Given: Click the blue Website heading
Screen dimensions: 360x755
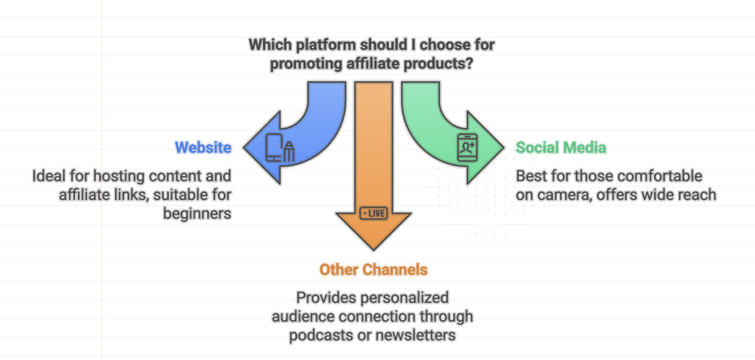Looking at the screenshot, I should click(x=203, y=147).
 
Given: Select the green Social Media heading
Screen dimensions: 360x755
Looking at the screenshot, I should click(x=560, y=147).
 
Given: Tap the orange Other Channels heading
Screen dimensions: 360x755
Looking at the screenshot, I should click(x=373, y=269).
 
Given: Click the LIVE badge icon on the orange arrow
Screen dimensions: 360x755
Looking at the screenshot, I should click(x=373, y=213).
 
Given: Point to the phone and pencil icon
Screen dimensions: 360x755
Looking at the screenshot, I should click(x=279, y=147).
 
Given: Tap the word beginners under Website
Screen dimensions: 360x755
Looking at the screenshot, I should click(x=197, y=213).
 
